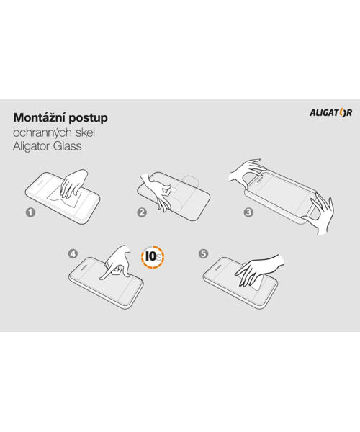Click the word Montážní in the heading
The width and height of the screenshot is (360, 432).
40,117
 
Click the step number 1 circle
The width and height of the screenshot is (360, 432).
30,212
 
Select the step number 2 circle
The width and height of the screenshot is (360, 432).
142,212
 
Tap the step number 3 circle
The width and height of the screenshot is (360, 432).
248,212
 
